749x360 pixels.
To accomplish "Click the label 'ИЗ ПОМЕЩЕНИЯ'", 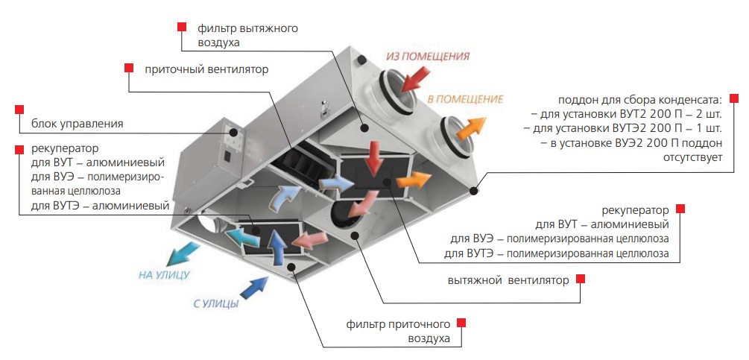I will [427, 57].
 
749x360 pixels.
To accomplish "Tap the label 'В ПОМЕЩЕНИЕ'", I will [464, 98].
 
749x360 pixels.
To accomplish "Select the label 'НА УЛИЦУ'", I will [164, 275].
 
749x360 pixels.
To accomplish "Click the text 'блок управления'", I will [76, 124].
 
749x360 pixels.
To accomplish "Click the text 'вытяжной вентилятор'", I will [509, 280].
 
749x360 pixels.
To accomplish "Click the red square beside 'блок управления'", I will [19, 109].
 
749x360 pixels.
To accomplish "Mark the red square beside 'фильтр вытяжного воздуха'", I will [181, 27].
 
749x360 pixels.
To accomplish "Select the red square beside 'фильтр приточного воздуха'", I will [461, 323].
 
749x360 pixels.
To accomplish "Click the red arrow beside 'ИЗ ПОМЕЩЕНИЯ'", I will [417, 77].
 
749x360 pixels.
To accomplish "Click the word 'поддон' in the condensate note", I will [576, 100].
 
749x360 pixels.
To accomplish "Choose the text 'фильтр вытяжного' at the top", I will [248, 28].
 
